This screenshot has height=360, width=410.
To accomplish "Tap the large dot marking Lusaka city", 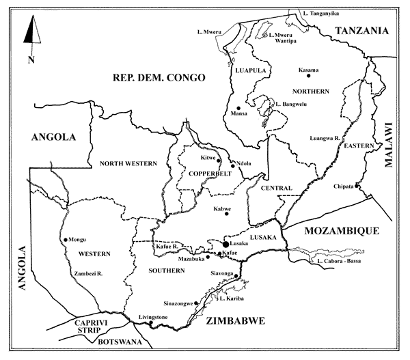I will point(225,244).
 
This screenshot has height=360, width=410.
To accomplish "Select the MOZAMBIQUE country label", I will point(341,231).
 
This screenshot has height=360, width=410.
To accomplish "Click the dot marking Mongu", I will point(66,239).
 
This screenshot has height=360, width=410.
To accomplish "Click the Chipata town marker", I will point(357,185).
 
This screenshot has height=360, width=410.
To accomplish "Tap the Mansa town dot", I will point(238,108).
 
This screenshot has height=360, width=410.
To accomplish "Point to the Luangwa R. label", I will point(325,138).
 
